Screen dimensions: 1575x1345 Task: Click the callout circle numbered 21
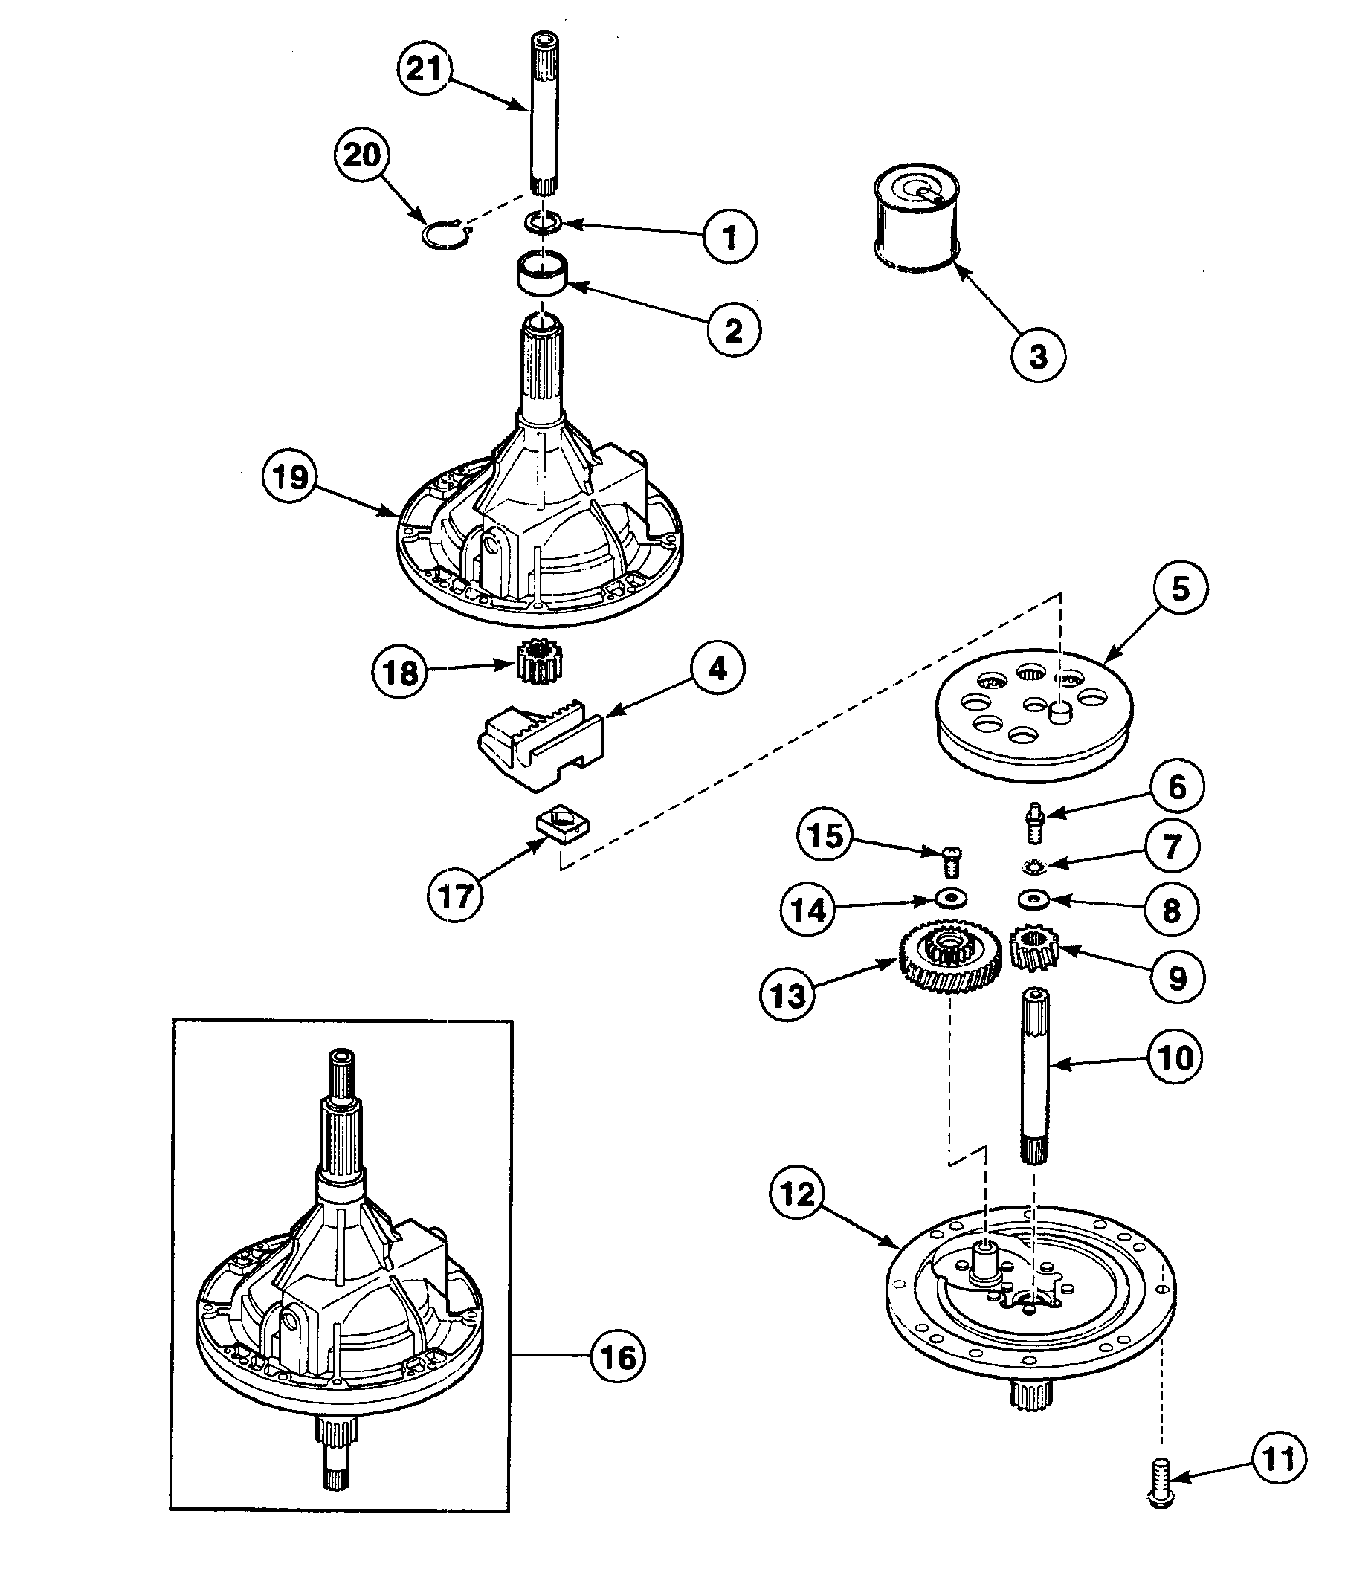click(x=425, y=68)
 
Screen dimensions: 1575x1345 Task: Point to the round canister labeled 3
click(x=917, y=221)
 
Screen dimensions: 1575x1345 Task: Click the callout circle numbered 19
click(x=291, y=477)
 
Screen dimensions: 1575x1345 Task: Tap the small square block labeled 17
click(x=563, y=827)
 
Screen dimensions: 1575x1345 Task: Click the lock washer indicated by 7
click(x=1033, y=864)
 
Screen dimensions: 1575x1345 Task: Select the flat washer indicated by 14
click(x=949, y=899)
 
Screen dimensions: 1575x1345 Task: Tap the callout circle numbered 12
click(x=798, y=1194)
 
